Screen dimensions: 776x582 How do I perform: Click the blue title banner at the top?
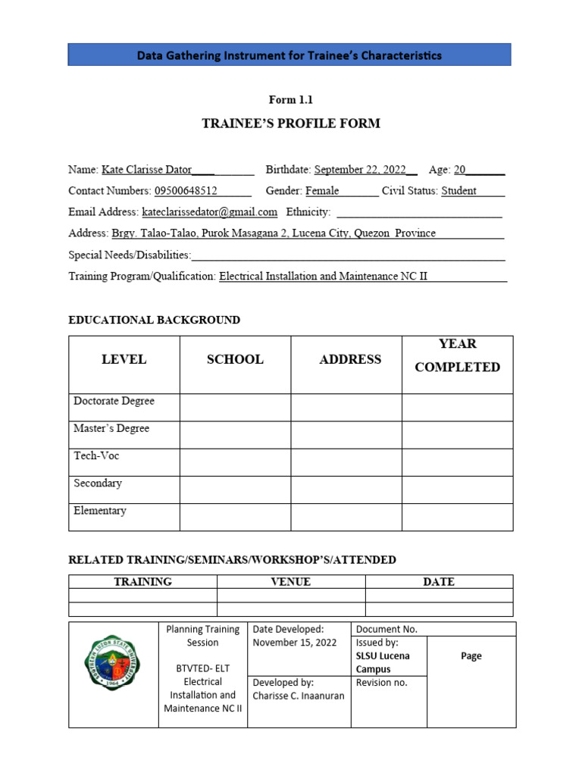click(x=289, y=55)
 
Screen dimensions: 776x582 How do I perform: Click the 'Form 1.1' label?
click(x=290, y=100)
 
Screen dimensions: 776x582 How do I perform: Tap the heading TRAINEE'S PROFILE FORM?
click(x=290, y=124)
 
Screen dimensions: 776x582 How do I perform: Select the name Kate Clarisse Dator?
click(x=146, y=170)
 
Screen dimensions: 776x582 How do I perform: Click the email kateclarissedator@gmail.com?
click(x=210, y=212)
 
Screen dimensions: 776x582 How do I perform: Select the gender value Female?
click(x=322, y=191)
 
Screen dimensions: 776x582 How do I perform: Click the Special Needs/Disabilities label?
click(x=130, y=255)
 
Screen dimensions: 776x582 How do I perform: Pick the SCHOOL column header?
click(x=235, y=360)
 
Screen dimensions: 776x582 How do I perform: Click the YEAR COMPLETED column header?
click(x=458, y=355)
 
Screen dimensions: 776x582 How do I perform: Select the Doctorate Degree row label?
click(x=114, y=401)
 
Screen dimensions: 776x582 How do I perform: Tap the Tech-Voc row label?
click(x=96, y=456)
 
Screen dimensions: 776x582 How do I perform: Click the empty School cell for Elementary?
click(x=235, y=517)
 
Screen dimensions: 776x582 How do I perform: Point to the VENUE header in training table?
click(x=291, y=582)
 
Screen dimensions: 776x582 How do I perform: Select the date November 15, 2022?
click(x=295, y=643)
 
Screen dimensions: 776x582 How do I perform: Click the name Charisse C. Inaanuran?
click(x=299, y=696)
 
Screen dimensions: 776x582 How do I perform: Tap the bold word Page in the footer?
click(x=471, y=656)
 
